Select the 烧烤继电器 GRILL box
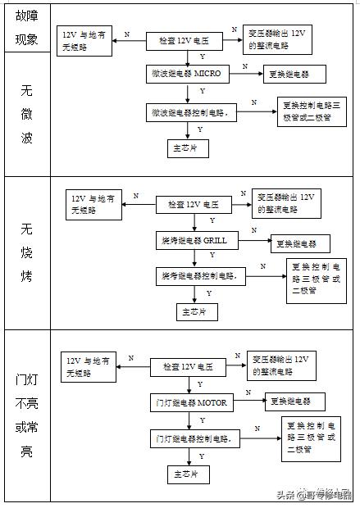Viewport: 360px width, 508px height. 194,241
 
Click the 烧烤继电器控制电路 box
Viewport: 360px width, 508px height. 201,276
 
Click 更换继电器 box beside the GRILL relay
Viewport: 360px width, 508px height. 301,243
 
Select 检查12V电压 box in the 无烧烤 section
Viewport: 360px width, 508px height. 196,204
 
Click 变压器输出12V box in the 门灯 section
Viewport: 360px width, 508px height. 281,365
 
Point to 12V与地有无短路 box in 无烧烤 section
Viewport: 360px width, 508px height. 94,203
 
